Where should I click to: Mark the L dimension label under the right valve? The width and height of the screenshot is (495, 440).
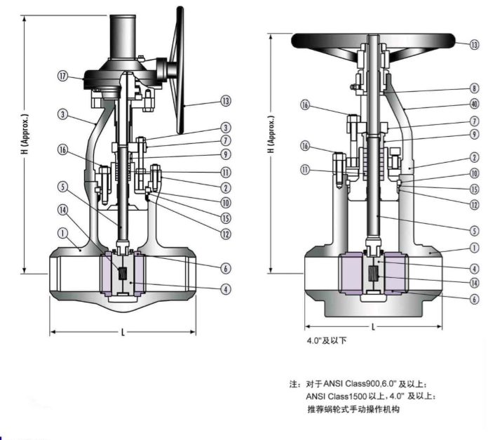[x=372, y=327]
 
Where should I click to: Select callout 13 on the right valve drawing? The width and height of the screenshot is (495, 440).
[x=474, y=44]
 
